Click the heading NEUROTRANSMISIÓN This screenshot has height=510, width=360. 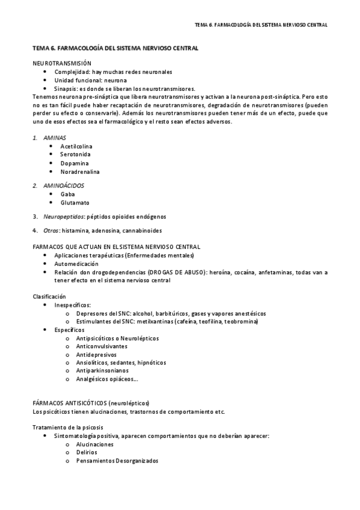tap(62, 63)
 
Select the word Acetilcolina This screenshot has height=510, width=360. tap(76, 146)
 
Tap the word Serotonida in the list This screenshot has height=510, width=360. tap(75, 155)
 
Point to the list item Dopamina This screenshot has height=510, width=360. tap(75, 163)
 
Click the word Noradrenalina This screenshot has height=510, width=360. tap(80, 171)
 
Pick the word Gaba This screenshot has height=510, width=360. tap(67, 194)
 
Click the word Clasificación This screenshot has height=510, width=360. tap(49, 296)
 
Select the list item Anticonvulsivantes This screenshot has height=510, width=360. tap(102, 346)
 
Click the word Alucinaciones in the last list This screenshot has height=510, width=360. tap(95, 444)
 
